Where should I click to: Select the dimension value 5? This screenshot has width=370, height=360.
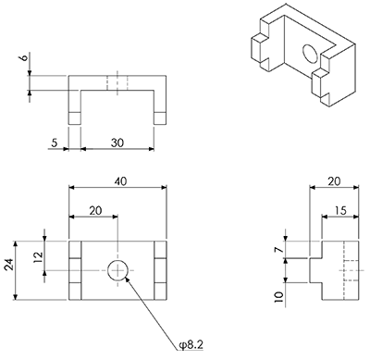pos(55,143)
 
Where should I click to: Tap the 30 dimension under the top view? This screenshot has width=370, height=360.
pos(117,143)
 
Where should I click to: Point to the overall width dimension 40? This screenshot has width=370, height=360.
pos(120,181)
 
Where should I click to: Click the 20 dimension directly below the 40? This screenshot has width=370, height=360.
pos(95,211)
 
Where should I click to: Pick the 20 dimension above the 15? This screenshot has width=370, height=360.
pos(334,181)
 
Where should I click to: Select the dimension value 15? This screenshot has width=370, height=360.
pos(340,211)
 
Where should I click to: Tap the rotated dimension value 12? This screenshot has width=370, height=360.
pos(39,256)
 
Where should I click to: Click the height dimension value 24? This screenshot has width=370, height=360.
pos(9,265)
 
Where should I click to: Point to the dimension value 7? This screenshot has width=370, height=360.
pos(278,249)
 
